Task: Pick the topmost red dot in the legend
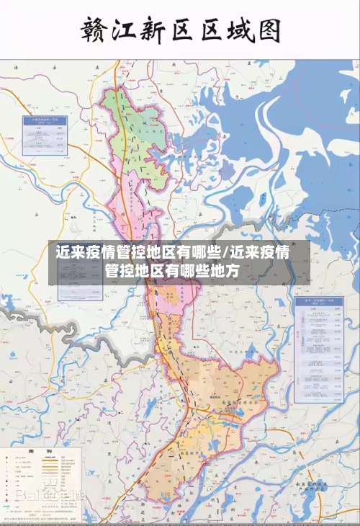(11, 460)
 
